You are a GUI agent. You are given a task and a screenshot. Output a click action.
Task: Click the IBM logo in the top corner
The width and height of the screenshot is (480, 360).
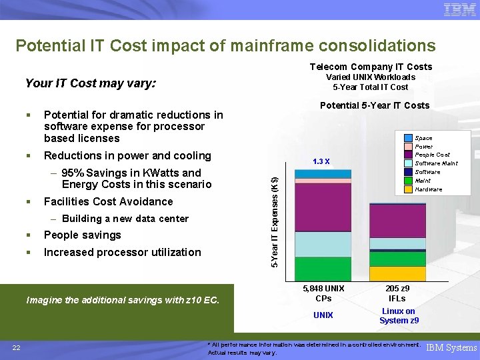pos(459,10)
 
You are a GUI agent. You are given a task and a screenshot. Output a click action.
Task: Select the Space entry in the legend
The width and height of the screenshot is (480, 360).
pos(423,138)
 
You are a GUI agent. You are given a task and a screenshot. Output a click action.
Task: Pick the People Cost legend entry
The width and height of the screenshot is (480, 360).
pos(433,155)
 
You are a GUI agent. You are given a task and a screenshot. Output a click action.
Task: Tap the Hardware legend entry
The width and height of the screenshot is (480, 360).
pos(429,189)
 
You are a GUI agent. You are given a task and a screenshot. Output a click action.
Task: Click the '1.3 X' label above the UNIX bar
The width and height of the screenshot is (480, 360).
pos(321,161)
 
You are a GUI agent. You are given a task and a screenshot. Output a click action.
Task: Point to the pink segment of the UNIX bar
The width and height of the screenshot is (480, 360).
pos(323,181)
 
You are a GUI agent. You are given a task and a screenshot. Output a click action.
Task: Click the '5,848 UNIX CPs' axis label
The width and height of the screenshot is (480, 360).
pos(323,293)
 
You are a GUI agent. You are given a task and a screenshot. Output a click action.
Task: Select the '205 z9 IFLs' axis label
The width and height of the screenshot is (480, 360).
pos(398,293)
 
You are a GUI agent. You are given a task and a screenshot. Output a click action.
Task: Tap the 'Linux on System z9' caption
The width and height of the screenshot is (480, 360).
pos(399,316)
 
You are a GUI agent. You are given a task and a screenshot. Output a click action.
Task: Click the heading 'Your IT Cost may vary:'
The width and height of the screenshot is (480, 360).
pos(90,83)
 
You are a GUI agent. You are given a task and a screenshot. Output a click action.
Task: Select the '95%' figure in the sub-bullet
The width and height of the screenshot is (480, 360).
pos(71,173)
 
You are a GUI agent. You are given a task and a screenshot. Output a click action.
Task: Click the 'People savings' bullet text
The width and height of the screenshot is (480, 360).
pos(82,235)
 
